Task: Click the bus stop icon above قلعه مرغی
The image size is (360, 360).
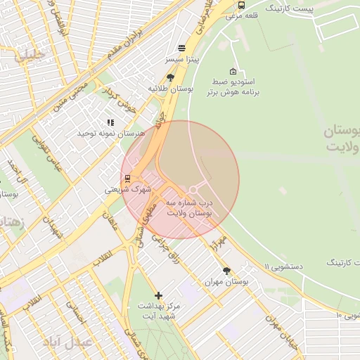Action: (x=242, y=5)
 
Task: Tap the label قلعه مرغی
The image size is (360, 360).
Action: (x=242, y=15)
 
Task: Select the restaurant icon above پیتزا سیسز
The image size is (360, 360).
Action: (x=182, y=48)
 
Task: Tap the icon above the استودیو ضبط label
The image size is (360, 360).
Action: (x=233, y=71)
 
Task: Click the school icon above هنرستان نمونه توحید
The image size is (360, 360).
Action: (x=110, y=122)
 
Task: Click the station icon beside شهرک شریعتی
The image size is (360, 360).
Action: (x=127, y=177)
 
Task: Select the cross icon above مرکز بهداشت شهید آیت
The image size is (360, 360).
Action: (x=158, y=295)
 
